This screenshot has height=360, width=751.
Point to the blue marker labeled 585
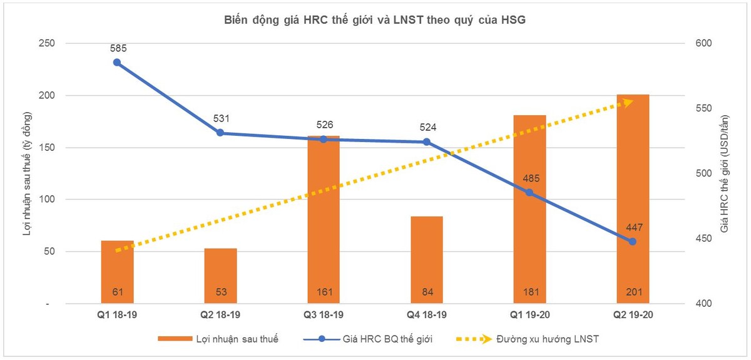click(x=117, y=63)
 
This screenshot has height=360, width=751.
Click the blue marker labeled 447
click(x=633, y=242)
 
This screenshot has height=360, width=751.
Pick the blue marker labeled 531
click(x=220, y=133)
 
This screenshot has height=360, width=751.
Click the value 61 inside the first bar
click(x=117, y=292)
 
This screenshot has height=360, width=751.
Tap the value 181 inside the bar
click(x=530, y=292)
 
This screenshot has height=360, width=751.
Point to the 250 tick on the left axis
click(x=47, y=44)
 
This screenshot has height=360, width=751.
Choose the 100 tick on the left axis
click(x=47, y=200)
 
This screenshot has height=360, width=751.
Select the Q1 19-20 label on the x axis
click(x=530, y=316)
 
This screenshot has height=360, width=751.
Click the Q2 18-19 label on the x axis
click(x=220, y=316)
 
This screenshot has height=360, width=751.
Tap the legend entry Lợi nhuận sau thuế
click(x=218, y=339)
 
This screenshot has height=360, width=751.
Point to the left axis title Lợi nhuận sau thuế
click(x=26, y=174)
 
